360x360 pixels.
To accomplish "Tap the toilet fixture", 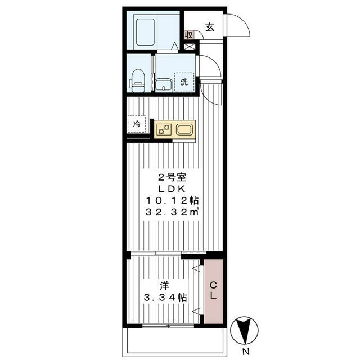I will click(138, 80).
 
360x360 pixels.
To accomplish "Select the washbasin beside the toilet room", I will click(164, 84).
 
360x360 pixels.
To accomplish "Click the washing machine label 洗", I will click(183, 82).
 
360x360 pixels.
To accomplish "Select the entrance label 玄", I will click(209, 26).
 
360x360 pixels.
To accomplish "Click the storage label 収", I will click(189, 35).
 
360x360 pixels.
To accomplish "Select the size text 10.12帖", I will click(172, 200).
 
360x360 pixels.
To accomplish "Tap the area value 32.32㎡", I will click(172, 213).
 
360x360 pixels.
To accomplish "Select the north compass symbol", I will click(245, 330).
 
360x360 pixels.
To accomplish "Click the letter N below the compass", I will click(245, 352).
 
